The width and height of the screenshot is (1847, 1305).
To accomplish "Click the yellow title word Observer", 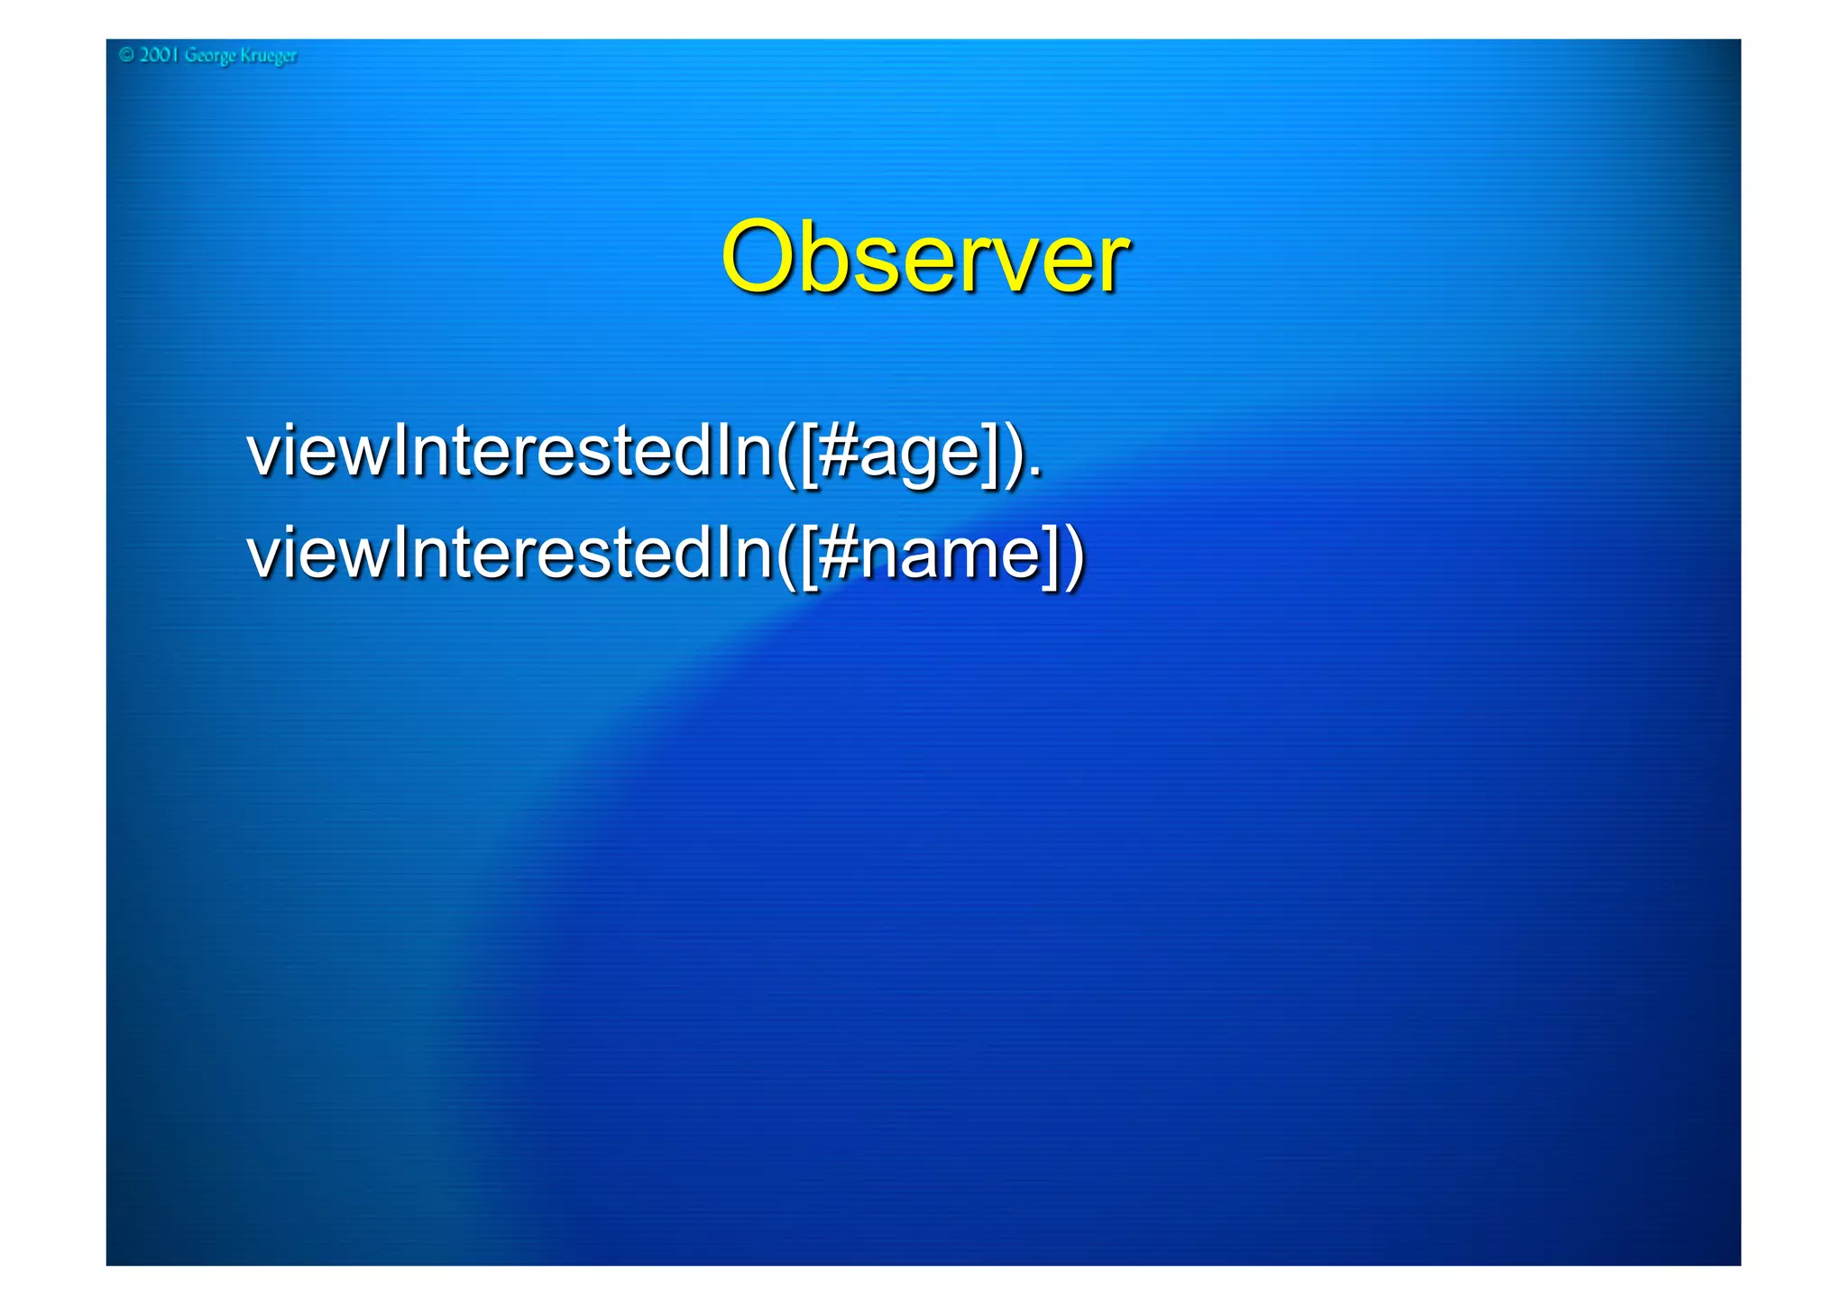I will pos(923,259).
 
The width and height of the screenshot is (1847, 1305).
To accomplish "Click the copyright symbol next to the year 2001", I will pos(126,55).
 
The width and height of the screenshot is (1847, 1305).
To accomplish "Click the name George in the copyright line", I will pos(210,56).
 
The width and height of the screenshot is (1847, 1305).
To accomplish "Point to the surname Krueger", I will pos(269,56).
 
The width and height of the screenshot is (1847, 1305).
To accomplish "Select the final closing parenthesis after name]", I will pos(1074,555).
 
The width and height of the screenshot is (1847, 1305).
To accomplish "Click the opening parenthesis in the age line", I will pos(786,453).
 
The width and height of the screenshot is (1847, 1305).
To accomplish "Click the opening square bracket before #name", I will pos(810,555).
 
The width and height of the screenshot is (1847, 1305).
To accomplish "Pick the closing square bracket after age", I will pos(991,453).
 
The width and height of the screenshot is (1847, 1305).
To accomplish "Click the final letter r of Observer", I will pos(1112,266).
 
